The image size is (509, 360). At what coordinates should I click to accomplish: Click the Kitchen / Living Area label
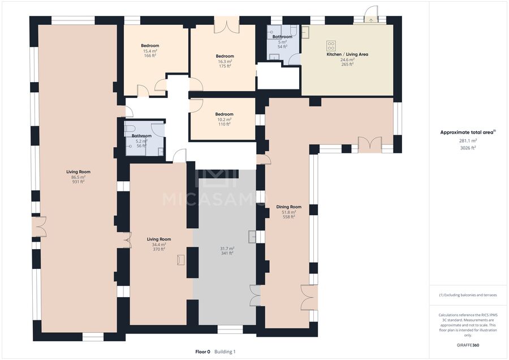click(x=347, y=54)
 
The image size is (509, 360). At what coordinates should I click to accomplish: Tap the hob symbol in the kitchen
click(x=331, y=45)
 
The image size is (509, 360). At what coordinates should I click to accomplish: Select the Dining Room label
click(x=288, y=207)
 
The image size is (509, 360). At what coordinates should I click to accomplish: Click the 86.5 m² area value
click(x=78, y=177)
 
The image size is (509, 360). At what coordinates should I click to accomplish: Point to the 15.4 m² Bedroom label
click(x=150, y=45)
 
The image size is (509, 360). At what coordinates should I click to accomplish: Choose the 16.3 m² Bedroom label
click(x=225, y=56)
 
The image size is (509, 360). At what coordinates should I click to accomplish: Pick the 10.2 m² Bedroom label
click(x=225, y=114)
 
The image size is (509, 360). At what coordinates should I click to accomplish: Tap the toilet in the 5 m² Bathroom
click(x=293, y=31)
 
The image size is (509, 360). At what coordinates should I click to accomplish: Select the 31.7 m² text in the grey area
click(x=227, y=248)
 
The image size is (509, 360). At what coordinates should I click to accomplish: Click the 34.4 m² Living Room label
click(x=159, y=239)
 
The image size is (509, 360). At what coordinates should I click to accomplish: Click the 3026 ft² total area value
click(x=468, y=148)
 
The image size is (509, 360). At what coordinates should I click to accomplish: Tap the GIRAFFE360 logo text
click(x=468, y=345)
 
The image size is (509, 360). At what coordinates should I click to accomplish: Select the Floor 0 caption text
click(x=202, y=352)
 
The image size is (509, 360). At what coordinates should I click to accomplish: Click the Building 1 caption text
click(x=225, y=352)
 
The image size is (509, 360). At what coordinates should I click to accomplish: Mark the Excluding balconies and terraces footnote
click(x=468, y=295)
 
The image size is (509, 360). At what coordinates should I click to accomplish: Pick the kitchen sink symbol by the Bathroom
click(x=305, y=32)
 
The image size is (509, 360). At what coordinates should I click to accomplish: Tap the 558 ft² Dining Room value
click(x=288, y=217)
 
